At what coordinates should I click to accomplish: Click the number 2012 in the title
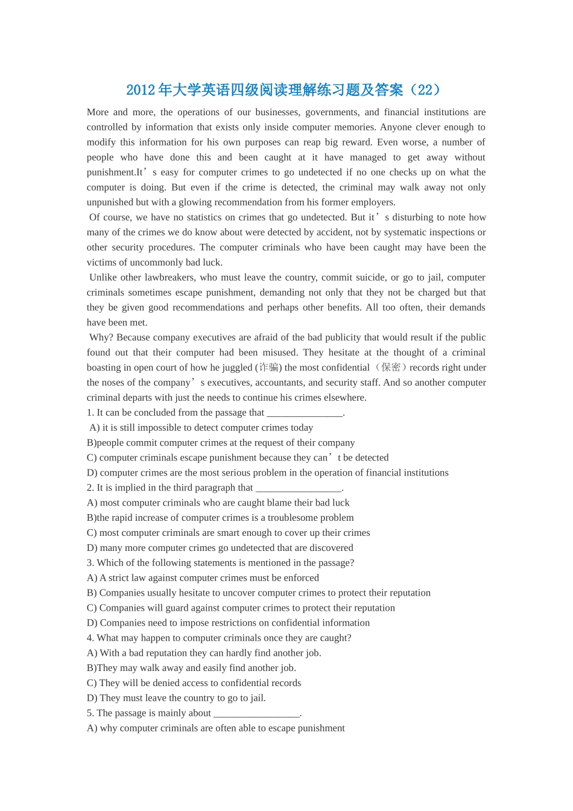[141, 90]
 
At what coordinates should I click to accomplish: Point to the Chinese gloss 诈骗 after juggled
[268, 367]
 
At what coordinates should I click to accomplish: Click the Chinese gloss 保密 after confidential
[391, 367]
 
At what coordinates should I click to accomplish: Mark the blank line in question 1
[305, 413]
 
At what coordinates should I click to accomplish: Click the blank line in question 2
[299, 488]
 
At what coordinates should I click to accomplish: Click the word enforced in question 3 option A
[301, 578]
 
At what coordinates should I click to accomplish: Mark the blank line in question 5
[256, 713]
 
